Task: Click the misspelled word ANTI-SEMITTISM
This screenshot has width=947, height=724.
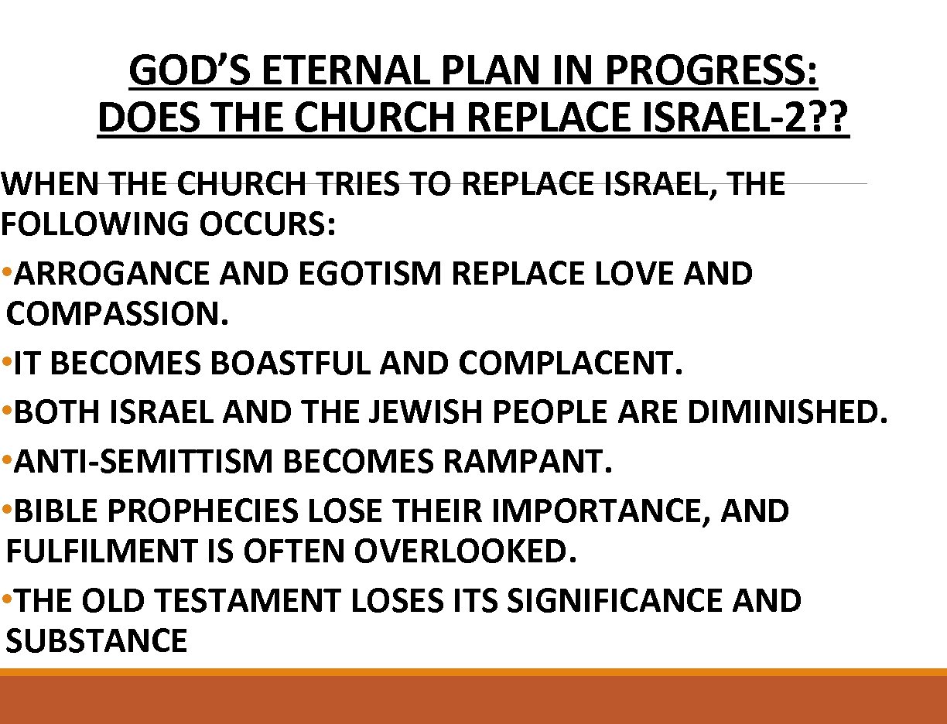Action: [x=144, y=463]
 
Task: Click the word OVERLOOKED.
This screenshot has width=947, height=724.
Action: [x=465, y=552]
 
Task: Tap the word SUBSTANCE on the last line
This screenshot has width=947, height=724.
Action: [x=97, y=642]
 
